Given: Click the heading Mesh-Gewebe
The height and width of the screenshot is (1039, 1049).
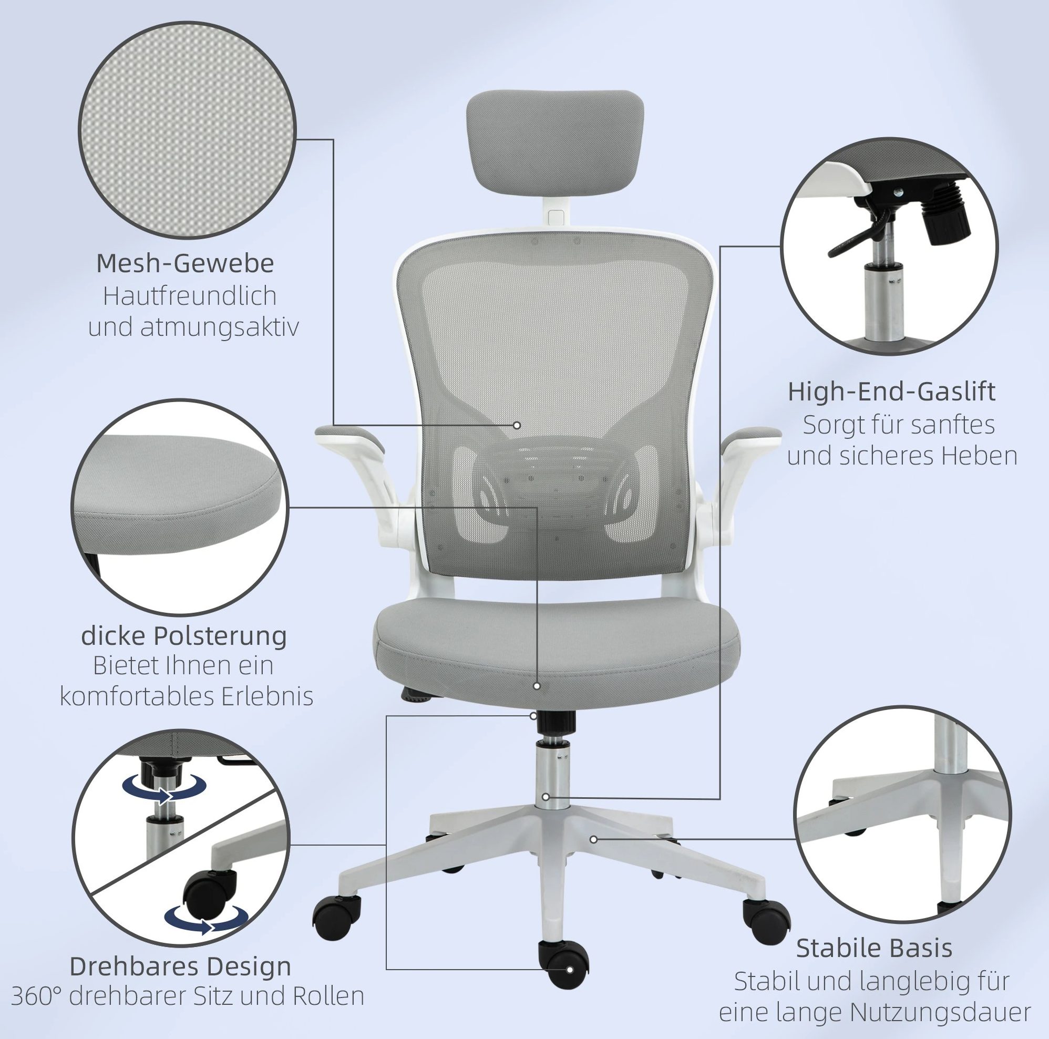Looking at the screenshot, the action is (185, 264).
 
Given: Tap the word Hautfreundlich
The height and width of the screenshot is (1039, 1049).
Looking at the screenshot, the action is (190, 296).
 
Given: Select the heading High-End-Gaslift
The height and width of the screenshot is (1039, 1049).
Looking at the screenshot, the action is (891, 392).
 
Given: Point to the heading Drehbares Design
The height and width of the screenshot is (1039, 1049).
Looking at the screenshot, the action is (180, 966).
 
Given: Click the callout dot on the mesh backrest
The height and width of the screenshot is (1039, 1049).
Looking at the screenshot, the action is (517, 426).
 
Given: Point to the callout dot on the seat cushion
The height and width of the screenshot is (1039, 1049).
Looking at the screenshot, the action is (537, 686).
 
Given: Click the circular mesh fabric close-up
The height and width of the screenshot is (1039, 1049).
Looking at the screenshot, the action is (187, 131).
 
